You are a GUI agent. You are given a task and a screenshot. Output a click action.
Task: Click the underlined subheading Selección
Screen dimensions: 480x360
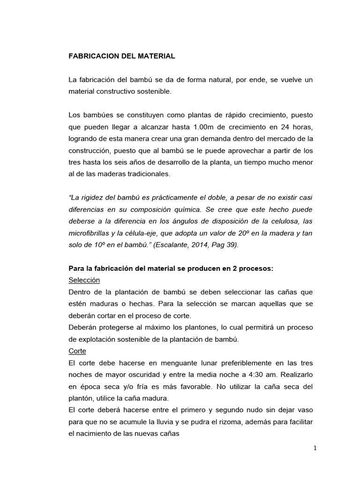(84, 280)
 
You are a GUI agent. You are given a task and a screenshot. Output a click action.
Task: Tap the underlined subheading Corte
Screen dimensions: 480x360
(77, 351)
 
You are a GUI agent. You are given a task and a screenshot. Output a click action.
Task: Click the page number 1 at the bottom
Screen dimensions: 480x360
(315, 448)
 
